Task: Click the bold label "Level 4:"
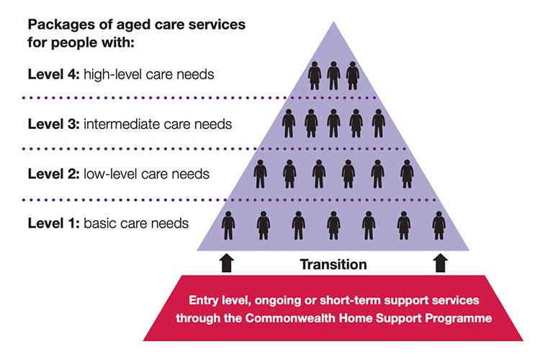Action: click(54, 74)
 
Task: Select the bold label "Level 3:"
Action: click(54, 124)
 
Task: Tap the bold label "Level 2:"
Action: click(54, 174)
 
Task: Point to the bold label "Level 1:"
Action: click(54, 223)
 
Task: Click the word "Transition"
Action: click(333, 264)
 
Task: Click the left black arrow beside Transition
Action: click(227, 264)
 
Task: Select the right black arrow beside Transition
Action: click(441, 264)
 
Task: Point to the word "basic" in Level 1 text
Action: click(99, 223)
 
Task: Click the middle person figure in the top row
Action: click(333, 76)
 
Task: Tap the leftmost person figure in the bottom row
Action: click(228, 225)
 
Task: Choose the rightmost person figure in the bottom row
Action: click(438, 225)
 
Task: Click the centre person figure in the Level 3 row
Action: click(333, 123)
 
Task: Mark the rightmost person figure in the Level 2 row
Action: click(407, 174)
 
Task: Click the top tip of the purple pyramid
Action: click(333, 22)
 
